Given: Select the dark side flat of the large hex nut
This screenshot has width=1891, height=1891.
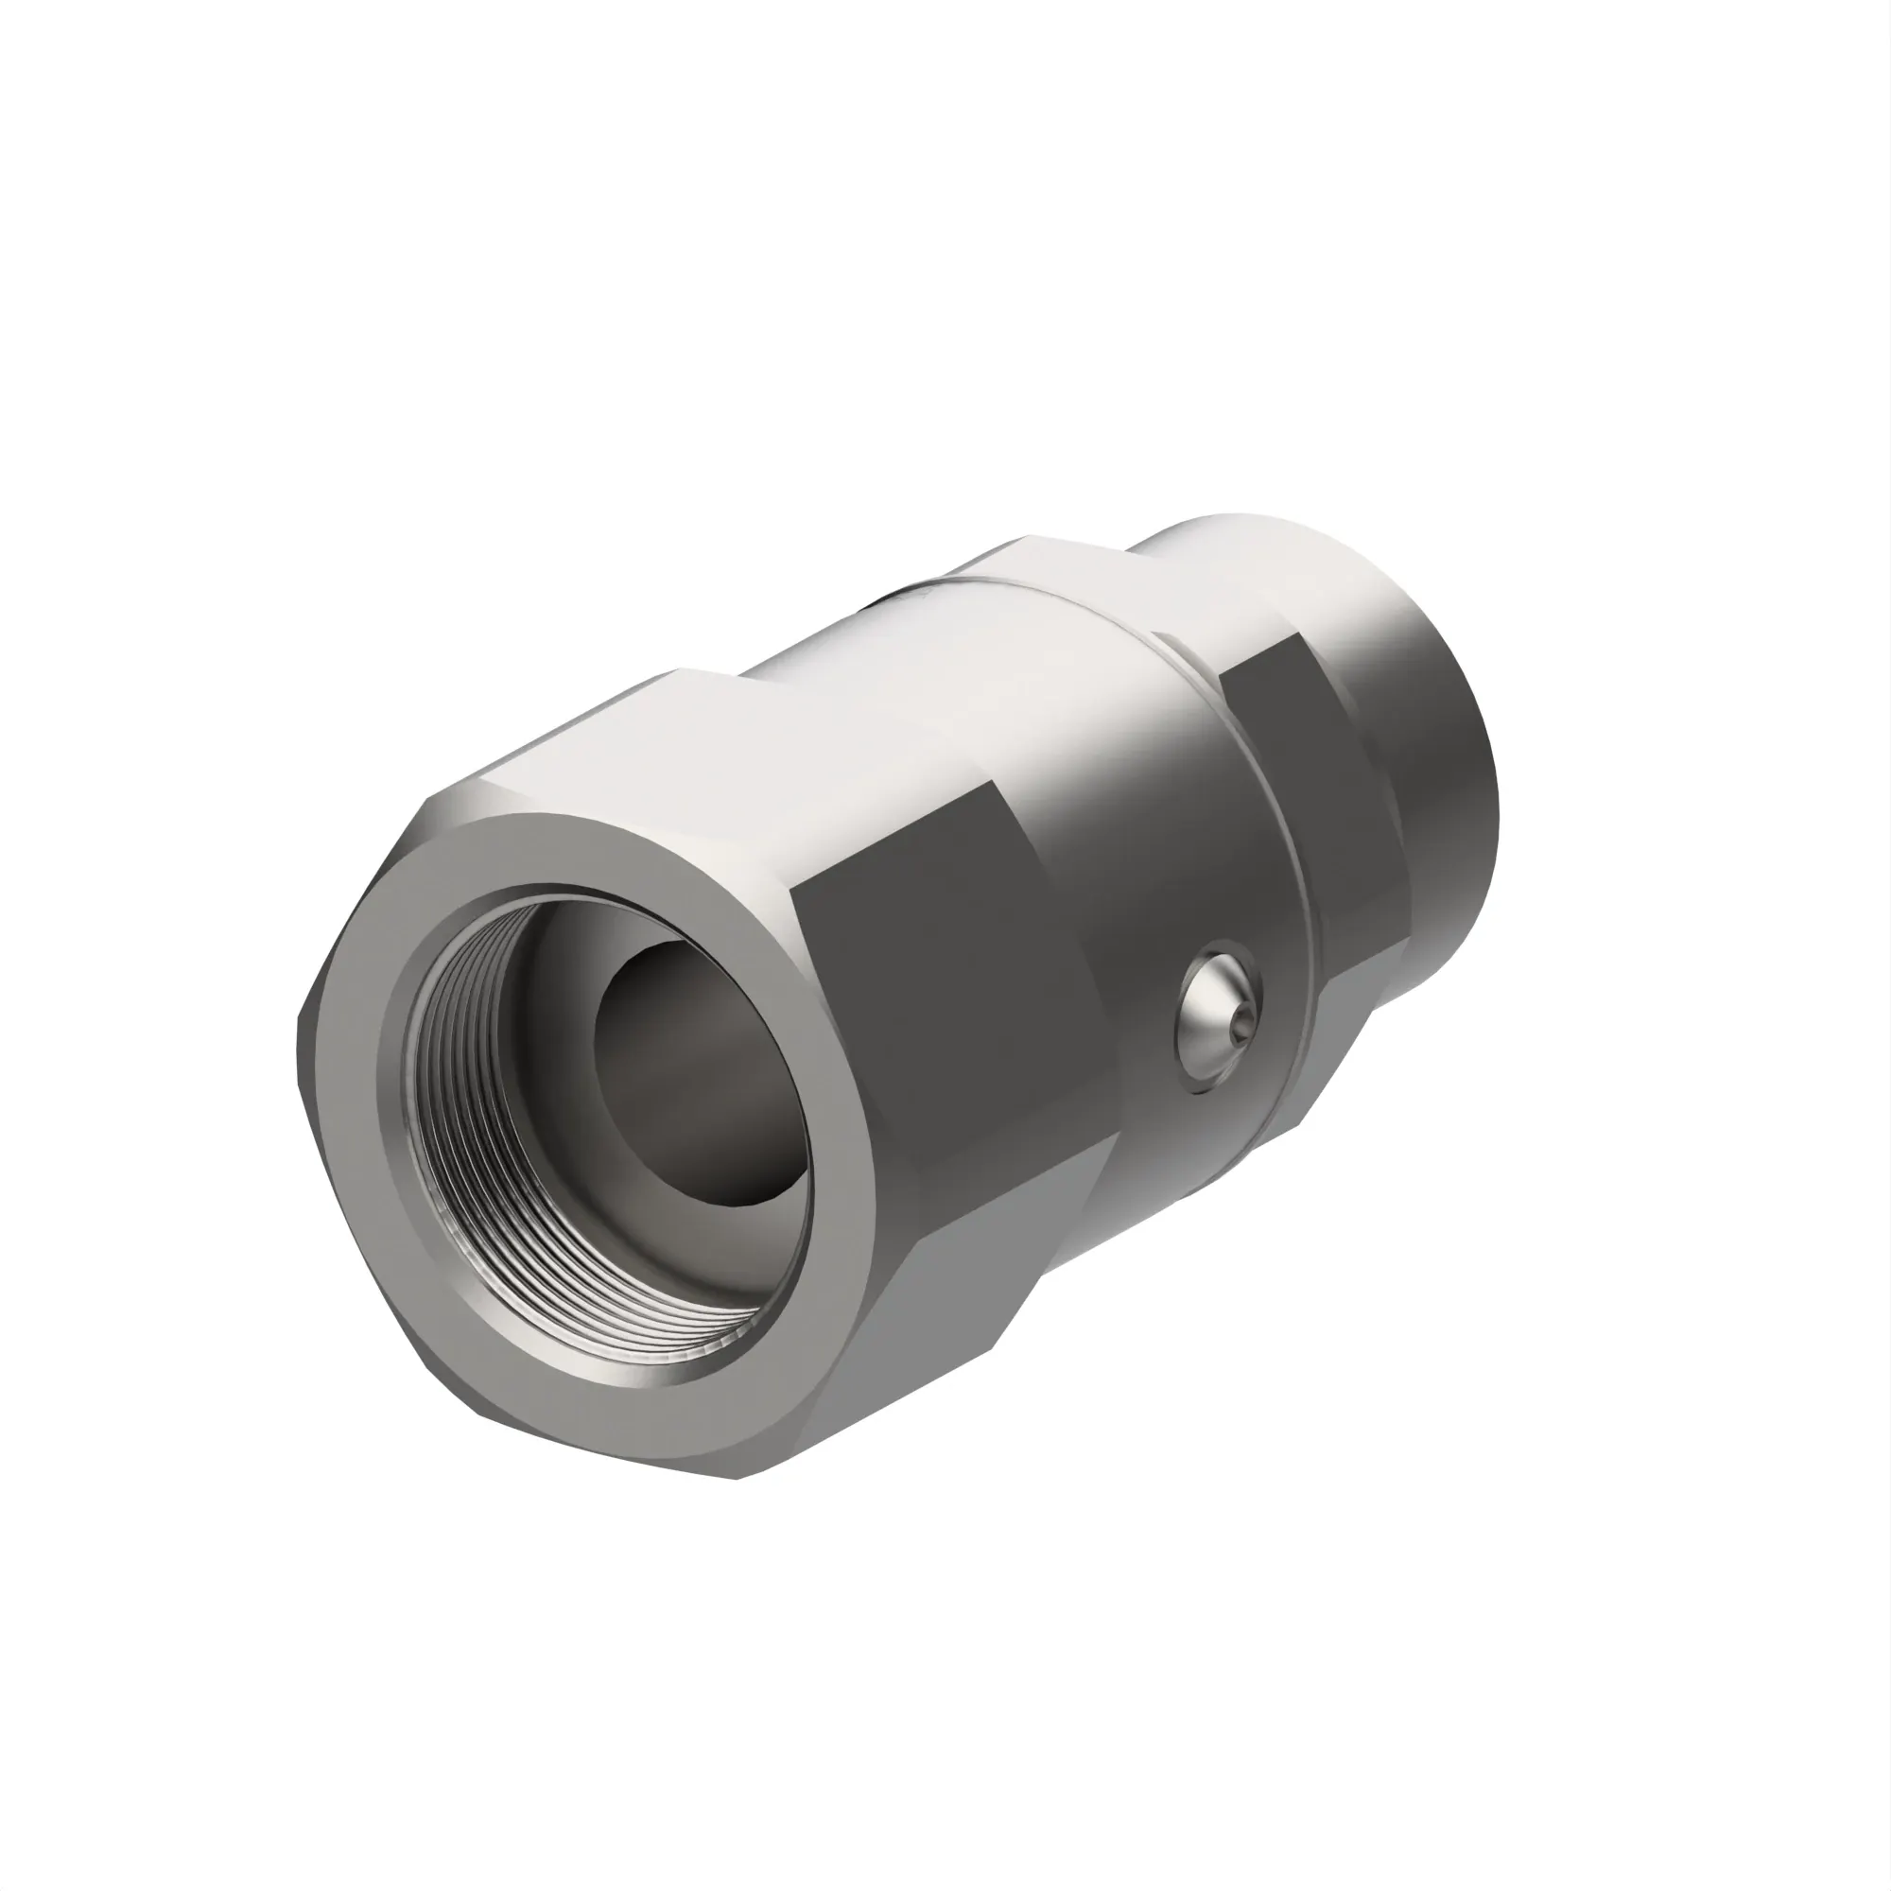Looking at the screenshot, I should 940,1028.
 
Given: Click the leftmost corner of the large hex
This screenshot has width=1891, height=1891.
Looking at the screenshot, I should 299,1037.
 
